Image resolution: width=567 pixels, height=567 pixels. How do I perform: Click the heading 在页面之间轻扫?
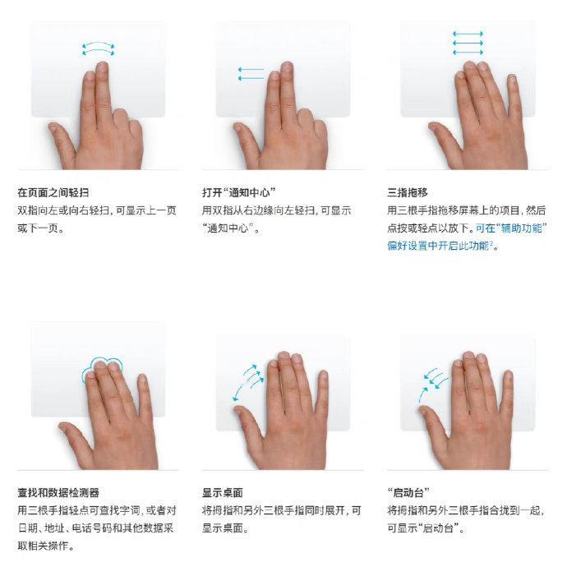pos(53,192)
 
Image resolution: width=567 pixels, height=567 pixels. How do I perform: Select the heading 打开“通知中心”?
pos(239,192)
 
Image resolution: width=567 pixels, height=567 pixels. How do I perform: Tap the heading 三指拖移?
pos(407,192)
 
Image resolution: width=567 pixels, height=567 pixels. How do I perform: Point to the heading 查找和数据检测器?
pos(58,492)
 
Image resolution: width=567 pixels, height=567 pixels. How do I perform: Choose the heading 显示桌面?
pos(223,492)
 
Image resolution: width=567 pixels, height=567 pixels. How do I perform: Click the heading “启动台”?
pos(408,492)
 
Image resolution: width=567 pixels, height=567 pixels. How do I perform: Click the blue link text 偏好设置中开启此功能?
pos(438,246)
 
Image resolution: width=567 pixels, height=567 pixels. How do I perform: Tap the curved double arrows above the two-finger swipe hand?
pos(98,49)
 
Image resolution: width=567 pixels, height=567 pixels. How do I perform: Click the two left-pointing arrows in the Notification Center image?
pos(251,73)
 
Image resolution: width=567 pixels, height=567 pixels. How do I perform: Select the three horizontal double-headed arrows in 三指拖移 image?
pos(468,43)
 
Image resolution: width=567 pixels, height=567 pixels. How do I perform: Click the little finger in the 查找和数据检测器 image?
pos(144,394)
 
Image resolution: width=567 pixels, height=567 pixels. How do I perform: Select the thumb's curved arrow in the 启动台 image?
pos(423,394)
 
